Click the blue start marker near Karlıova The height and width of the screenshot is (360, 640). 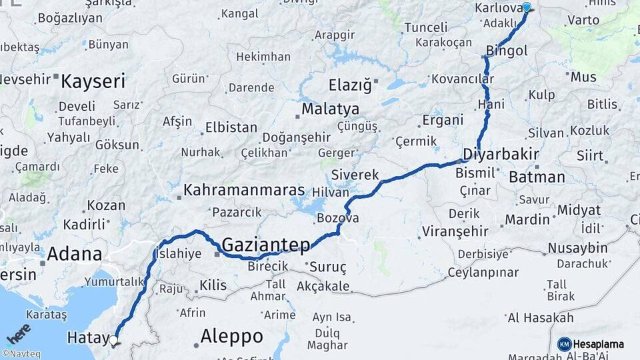(x=527, y=7)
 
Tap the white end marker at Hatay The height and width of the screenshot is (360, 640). (x=113, y=340)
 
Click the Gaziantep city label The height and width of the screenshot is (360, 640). (x=265, y=245)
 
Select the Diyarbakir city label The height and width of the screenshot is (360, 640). (x=501, y=154)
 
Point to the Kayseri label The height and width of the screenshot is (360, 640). (x=93, y=82)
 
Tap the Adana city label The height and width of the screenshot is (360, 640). (x=74, y=254)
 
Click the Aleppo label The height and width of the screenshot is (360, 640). (x=231, y=335)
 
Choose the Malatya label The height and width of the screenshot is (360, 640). (x=330, y=109)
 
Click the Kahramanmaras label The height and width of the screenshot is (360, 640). (x=244, y=191)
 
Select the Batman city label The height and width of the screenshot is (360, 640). (x=537, y=177)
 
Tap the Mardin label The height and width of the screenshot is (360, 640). (x=527, y=219)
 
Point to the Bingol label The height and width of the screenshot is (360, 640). (x=507, y=51)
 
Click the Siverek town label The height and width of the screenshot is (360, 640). (x=355, y=175)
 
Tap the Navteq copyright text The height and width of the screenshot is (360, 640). (x=19, y=354)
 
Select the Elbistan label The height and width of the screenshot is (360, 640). (x=231, y=127)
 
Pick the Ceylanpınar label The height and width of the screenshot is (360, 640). (x=483, y=273)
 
